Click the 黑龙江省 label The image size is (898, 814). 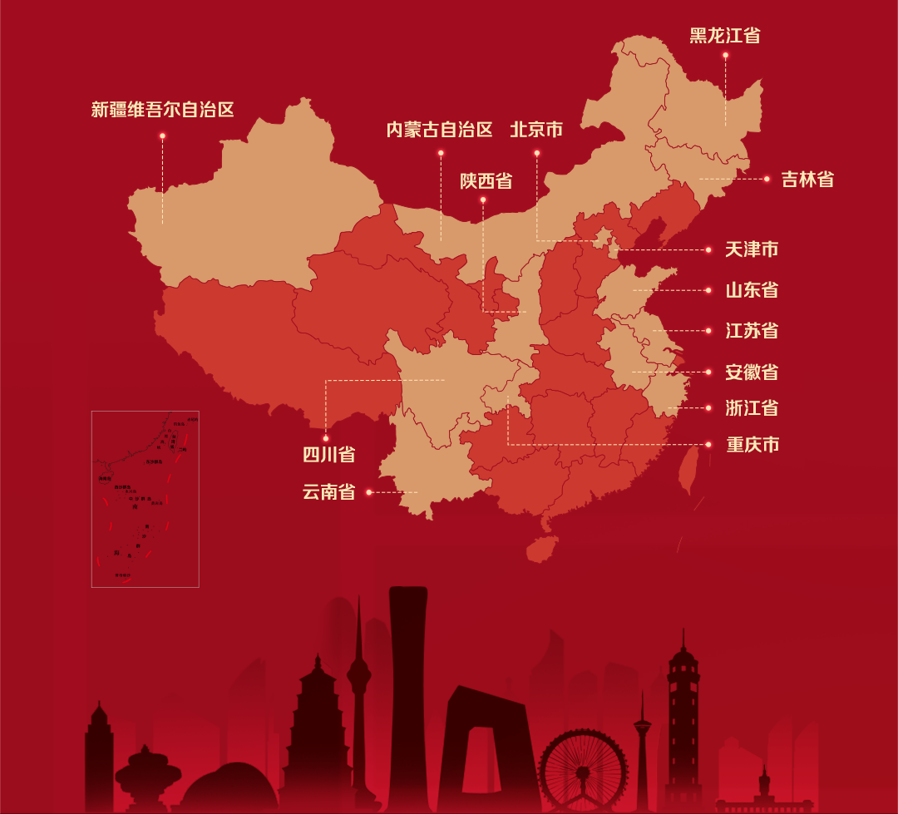[724, 36]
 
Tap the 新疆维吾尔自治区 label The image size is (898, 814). [162, 110]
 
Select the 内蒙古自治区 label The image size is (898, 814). [440, 130]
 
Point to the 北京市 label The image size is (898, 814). [536, 130]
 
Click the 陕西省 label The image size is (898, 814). [486, 181]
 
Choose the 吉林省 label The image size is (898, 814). [807, 180]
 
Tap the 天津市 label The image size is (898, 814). [752, 249]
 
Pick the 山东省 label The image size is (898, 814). [752, 290]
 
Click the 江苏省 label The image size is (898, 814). [752, 331]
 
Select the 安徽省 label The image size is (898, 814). [752, 372]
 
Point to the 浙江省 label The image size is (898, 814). [752, 408]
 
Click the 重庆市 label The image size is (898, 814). [752, 445]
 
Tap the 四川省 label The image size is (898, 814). [329, 455]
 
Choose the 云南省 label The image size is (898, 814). [329, 492]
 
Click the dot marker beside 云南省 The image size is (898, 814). [368, 492]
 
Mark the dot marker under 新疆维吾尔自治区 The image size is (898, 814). [162, 136]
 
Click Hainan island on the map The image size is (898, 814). [541, 548]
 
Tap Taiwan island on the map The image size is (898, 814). [687, 470]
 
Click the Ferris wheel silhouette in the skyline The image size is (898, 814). [583, 769]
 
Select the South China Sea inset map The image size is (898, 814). [146, 499]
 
